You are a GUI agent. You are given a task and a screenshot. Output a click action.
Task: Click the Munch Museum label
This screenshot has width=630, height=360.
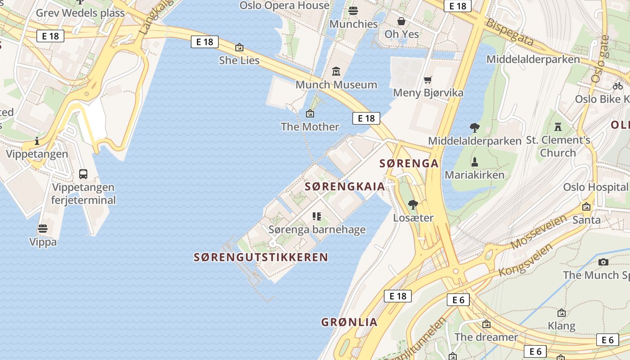(336, 85)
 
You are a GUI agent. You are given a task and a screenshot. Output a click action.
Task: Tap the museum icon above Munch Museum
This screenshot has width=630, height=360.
(336, 72)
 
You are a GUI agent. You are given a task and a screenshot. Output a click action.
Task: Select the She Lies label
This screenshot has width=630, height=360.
(239, 60)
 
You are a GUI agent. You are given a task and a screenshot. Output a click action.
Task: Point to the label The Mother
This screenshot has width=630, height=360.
(310, 126)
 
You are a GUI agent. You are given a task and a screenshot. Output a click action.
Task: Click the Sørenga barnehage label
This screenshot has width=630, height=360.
(317, 229)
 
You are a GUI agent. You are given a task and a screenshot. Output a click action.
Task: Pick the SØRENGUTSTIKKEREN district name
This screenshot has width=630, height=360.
(261, 257)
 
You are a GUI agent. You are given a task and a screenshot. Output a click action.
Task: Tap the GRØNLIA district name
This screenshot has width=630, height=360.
(349, 322)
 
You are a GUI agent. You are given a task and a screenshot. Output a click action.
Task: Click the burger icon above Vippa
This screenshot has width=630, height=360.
(43, 229)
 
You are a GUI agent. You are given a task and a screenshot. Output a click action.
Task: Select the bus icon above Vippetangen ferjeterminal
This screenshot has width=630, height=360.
(83, 174)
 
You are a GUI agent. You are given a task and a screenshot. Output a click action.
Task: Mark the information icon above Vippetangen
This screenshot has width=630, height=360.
(37, 141)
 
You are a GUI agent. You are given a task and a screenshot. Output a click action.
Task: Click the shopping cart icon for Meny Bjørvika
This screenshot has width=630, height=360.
(428, 80)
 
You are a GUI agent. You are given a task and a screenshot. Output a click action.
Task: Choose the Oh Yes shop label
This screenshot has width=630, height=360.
(401, 34)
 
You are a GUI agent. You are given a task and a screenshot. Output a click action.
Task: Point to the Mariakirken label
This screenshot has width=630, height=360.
(474, 175)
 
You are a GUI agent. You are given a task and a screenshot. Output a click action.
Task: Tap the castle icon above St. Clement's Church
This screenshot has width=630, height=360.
(558, 126)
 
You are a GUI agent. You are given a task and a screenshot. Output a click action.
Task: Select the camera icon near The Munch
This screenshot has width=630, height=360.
(603, 262)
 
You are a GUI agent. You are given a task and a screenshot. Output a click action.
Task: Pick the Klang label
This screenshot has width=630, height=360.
(561, 325)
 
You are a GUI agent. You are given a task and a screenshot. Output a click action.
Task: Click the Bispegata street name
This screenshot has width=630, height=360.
(510, 32)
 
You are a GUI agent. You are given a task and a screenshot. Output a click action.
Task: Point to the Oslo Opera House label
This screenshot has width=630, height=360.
(284, 5)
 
